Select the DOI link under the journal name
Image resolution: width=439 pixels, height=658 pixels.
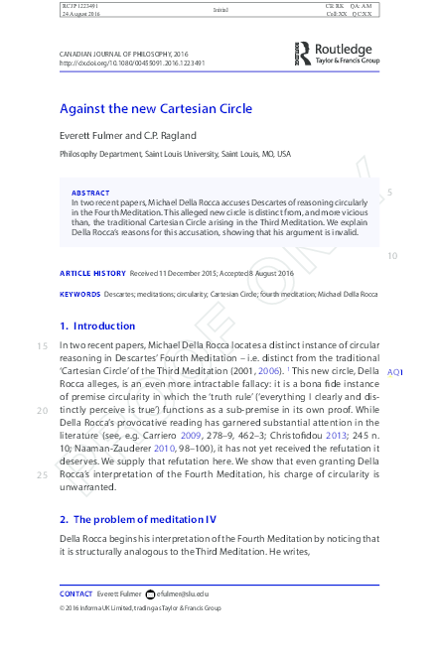[132, 63]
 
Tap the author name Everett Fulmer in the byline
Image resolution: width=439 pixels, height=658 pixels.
[86, 135]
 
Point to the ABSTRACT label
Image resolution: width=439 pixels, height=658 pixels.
[90, 193]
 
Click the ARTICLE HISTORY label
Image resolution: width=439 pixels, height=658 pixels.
[92, 273]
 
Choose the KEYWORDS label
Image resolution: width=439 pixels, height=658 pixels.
[79, 294]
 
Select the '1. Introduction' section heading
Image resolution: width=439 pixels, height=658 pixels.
[97, 326]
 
